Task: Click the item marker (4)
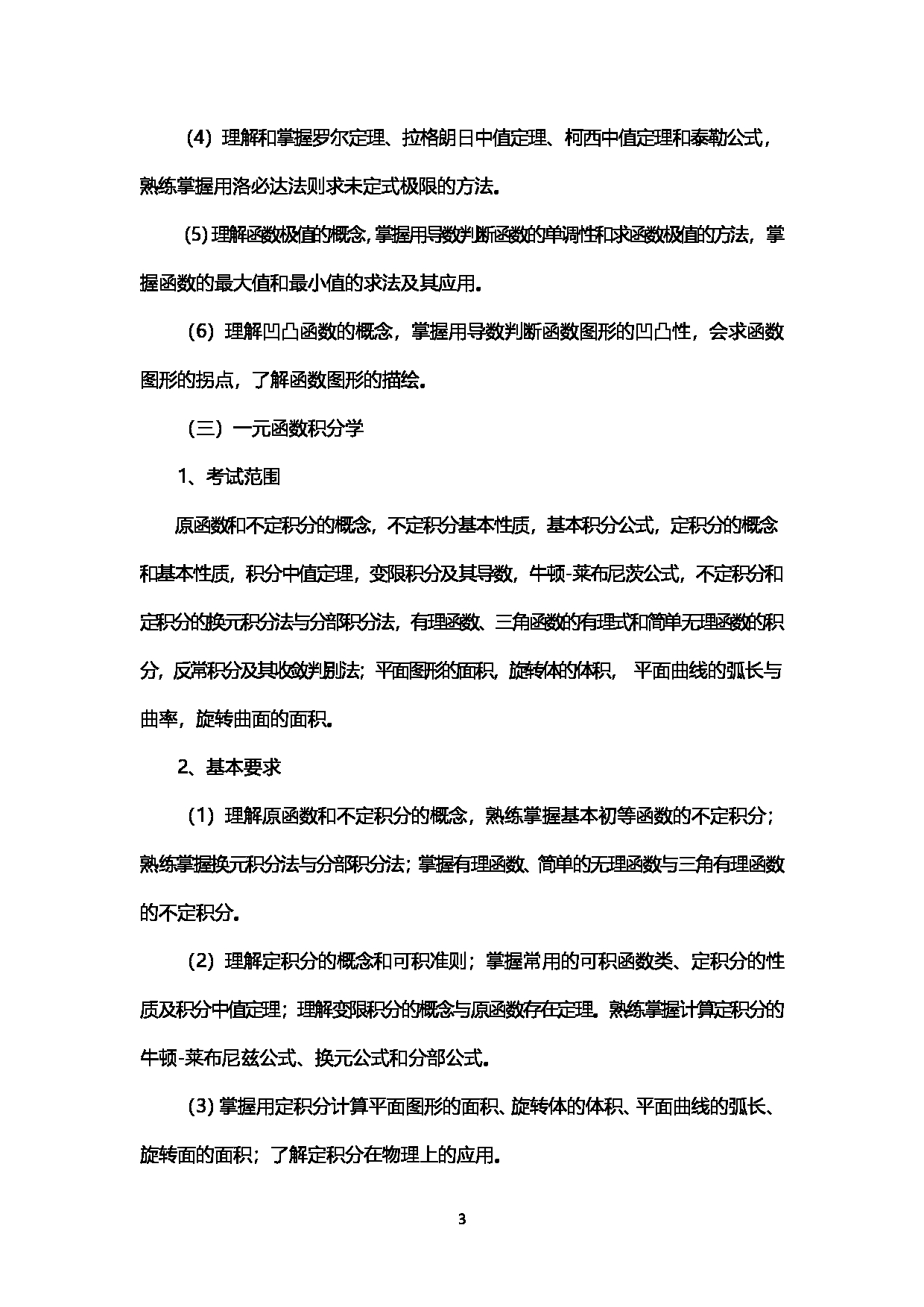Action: pyautogui.click(x=198, y=139)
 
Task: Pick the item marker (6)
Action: pyautogui.click(x=199, y=332)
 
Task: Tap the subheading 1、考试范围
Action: pyautogui.click(x=228, y=477)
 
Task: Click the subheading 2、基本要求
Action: pyautogui.click(x=228, y=768)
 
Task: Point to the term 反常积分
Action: pyautogui.click(x=208, y=671)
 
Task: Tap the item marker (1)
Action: pyautogui.click(x=199, y=817)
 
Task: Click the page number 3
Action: pyautogui.click(x=461, y=1220)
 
